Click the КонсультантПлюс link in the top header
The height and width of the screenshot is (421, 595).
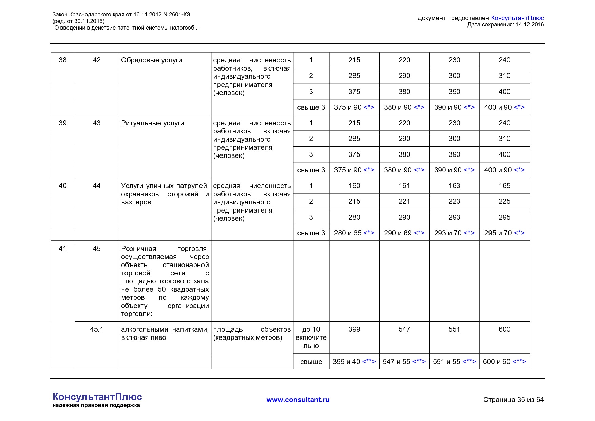coord(517,18)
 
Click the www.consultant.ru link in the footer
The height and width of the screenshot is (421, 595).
coord(298,400)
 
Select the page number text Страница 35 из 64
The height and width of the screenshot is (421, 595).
coord(513,400)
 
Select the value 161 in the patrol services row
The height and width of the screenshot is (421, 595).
coord(404,186)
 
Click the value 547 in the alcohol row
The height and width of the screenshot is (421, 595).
coord(404,329)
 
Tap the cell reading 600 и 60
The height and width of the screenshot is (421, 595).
coord(504,362)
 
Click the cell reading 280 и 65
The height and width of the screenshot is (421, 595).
coord(354,233)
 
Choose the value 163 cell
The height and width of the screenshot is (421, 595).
coord(454,186)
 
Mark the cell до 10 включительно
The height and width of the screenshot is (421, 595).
coord(311,337)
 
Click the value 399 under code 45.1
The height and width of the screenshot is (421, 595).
coord(354,329)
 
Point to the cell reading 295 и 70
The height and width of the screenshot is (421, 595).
coord(504,233)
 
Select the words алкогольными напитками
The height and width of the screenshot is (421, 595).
coord(165,329)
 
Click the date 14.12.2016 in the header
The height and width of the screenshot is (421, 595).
coord(530,24)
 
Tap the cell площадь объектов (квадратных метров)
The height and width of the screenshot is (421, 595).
coord(252,333)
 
